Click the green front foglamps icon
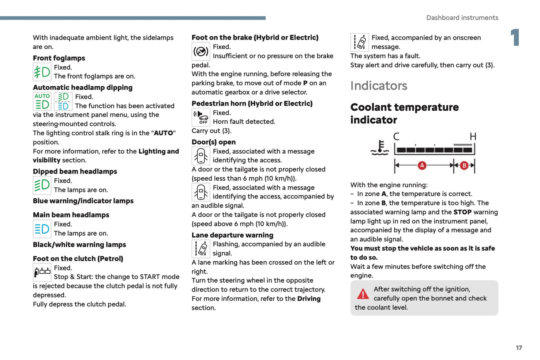point(42,72)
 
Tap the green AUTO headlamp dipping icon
point(42,101)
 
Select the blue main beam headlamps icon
point(42,229)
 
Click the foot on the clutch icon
point(42,272)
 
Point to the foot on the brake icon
point(201,52)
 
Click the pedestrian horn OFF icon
point(201,117)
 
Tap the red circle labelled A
point(422,165)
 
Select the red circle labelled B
point(464,165)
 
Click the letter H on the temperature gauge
point(473,137)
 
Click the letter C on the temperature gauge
point(396,137)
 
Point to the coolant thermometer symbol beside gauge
point(380,148)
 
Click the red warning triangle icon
point(362,294)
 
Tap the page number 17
point(519,348)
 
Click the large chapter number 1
point(515,38)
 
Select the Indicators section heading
point(379,86)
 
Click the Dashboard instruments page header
point(462,18)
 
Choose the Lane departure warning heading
point(232,235)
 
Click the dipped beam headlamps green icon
point(42,185)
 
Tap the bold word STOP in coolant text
point(462,212)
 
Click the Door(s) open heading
point(213,142)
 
